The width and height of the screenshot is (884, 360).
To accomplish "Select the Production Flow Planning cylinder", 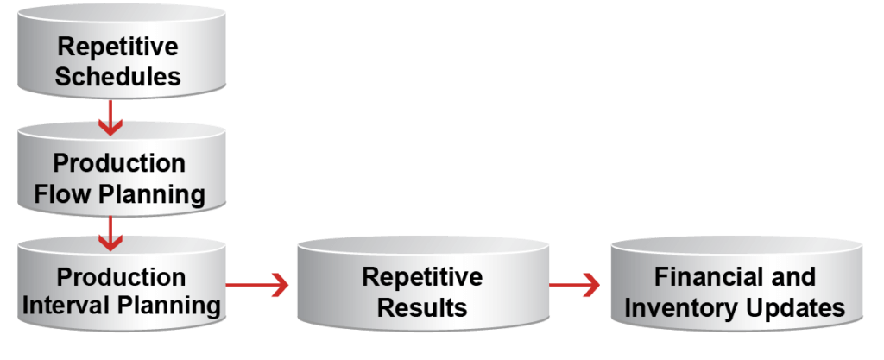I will coord(119,177).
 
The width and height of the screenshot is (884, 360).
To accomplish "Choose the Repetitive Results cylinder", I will coord(422,292).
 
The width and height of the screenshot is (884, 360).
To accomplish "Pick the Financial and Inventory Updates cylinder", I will coord(735,292).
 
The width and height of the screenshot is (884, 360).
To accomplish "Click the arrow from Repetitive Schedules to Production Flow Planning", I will coord(110,117).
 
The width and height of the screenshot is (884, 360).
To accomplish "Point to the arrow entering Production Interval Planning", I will coord(110,231).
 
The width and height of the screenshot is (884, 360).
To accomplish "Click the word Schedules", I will coord(118,76).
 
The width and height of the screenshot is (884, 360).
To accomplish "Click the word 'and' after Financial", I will coord(792,277).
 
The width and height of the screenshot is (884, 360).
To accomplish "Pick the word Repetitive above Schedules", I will coord(118,46).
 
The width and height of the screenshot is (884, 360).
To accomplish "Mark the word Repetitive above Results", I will coord(422,277).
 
